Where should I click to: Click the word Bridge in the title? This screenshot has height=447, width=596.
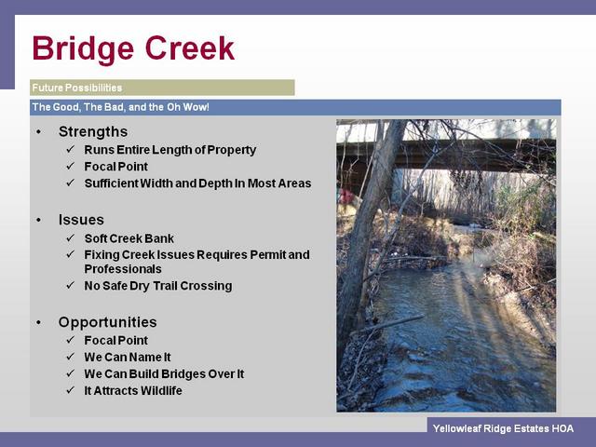(x=83, y=48)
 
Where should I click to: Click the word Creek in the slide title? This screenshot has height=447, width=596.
(x=190, y=47)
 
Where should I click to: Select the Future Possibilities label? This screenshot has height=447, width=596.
(x=76, y=88)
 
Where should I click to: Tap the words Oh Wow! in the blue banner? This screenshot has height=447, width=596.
(x=188, y=107)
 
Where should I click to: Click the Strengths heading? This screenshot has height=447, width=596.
(x=93, y=131)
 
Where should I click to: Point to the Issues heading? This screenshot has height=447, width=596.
(x=81, y=220)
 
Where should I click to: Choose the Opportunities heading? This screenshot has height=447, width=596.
(x=108, y=322)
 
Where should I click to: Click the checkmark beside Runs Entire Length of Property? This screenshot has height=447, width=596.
(x=71, y=149)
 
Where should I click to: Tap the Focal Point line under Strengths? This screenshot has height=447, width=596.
(x=115, y=167)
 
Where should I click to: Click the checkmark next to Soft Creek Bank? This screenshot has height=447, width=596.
(x=71, y=238)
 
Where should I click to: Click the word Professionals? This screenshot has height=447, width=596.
(x=123, y=269)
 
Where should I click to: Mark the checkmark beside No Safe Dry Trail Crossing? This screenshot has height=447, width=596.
(x=71, y=285)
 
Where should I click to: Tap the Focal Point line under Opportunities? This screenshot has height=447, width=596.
(x=115, y=340)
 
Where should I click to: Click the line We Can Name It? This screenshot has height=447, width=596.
(x=128, y=358)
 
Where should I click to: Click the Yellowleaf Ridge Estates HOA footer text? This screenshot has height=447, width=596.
(x=503, y=428)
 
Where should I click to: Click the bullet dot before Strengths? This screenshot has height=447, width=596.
(x=38, y=132)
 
